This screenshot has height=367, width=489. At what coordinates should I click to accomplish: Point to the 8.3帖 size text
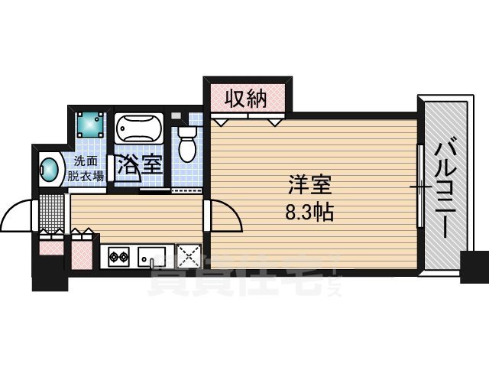[x=309, y=212]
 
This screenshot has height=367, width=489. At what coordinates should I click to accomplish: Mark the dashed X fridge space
[x=188, y=255]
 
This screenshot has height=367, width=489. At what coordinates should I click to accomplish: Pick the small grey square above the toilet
[x=177, y=115]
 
